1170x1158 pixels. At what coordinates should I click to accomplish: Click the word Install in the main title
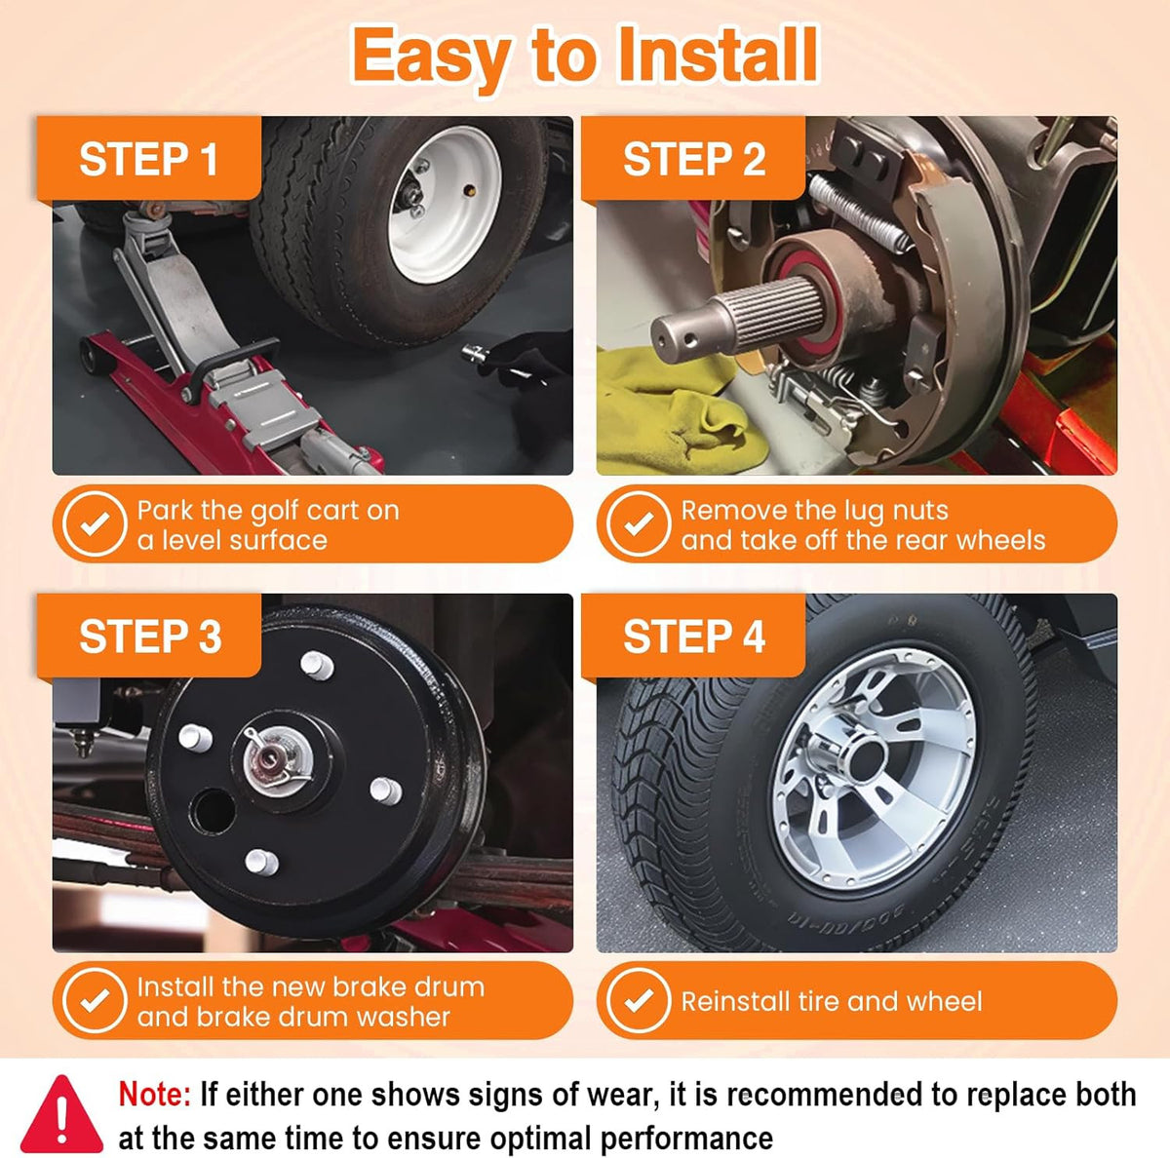717,56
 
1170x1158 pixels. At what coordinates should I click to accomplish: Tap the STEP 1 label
149,160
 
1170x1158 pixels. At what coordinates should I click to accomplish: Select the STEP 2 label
694,160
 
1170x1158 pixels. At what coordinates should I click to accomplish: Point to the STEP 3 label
150,637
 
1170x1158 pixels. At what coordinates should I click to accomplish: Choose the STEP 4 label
694,637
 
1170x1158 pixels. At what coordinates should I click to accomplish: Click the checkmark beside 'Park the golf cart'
95,523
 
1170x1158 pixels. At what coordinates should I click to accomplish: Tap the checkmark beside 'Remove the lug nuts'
638,523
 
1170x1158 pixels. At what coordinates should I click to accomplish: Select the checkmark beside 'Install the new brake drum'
95,1001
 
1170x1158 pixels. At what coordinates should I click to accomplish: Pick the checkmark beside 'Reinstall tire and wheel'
638,1001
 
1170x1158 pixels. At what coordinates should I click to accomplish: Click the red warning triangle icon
61,1115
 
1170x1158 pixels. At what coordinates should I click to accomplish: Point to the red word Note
155,1095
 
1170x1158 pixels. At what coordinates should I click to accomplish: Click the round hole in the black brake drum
213,811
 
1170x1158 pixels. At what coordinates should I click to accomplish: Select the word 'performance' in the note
686,1139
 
